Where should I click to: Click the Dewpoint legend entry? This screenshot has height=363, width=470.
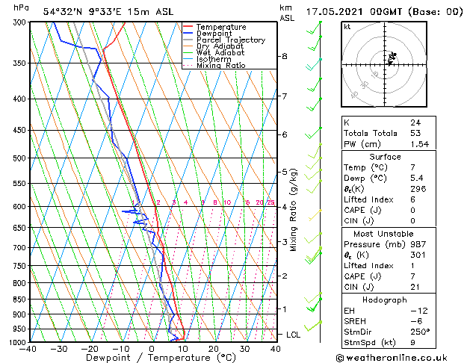[x=214, y=34]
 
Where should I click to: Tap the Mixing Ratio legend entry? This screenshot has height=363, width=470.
[x=220, y=66]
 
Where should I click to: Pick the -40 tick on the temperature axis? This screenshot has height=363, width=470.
[x=28, y=349]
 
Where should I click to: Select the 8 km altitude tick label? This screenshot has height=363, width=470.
[x=285, y=56]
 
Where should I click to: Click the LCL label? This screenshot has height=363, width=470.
[x=293, y=335]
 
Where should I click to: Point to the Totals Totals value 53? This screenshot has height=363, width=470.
[x=415, y=133]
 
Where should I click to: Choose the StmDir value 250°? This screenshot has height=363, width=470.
[x=419, y=332]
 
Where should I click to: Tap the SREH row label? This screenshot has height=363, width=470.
[x=356, y=321]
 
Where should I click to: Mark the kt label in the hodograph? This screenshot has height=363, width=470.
[x=347, y=26]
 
